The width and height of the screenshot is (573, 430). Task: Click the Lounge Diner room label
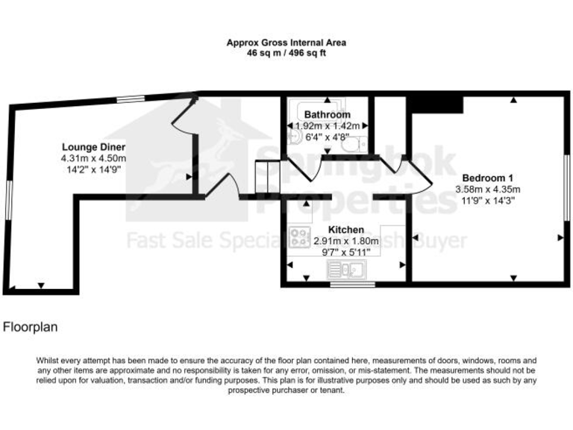tap(93, 147)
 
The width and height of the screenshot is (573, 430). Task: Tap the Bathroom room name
tap(327, 115)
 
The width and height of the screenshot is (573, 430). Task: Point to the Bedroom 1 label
tap(488, 178)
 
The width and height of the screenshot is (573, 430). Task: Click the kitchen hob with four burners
tap(301, 237)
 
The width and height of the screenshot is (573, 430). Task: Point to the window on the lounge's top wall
tap(131, 98)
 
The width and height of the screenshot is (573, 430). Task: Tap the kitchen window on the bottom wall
tap(344, 284)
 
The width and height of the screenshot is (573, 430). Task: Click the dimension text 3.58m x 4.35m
tap(488, 189)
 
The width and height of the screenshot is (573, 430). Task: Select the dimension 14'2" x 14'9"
tap(93, 169)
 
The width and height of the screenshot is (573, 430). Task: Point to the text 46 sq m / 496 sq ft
tap(286, 54)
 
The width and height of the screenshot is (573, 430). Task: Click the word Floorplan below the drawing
tap(31, 326)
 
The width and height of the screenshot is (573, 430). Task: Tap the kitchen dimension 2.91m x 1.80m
tap(344, 241)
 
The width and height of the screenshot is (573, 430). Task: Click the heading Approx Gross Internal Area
tap(286, 43)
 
